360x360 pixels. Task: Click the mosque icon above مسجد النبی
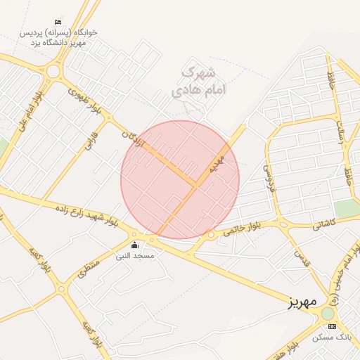pos(134,245)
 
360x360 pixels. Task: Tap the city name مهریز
pos(304,303)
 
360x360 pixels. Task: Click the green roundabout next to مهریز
pos(328,313)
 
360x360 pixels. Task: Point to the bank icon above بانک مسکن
pos(332,327)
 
